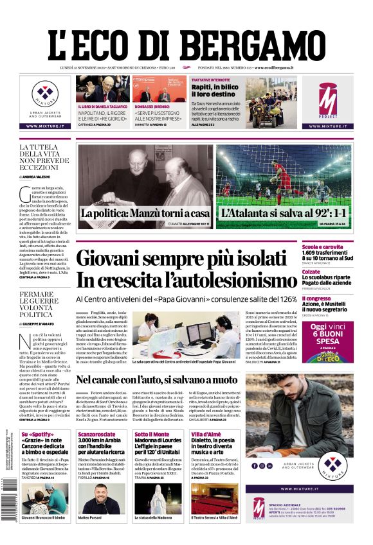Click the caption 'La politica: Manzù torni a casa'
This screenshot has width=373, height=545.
point(145,213)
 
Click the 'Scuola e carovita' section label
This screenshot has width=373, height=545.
point(341,247)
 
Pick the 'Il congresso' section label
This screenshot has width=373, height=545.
point(334,298)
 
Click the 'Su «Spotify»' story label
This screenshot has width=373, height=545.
point(36,435)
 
